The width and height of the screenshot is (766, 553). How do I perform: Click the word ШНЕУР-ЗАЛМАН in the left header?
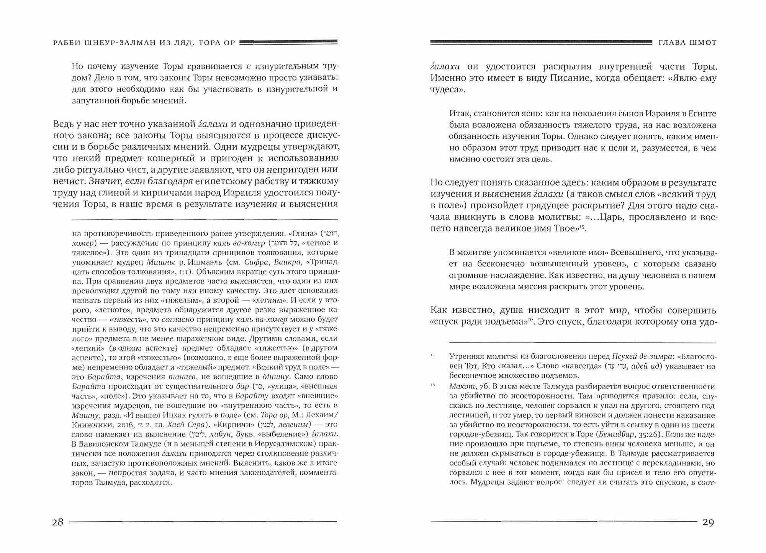pyautogui.click(x=123, y=43)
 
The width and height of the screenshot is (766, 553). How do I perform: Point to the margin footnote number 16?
pyautogui.click(x=433, y=385)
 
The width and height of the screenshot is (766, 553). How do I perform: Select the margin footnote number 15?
pyautogui.click(x=433, y=356)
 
